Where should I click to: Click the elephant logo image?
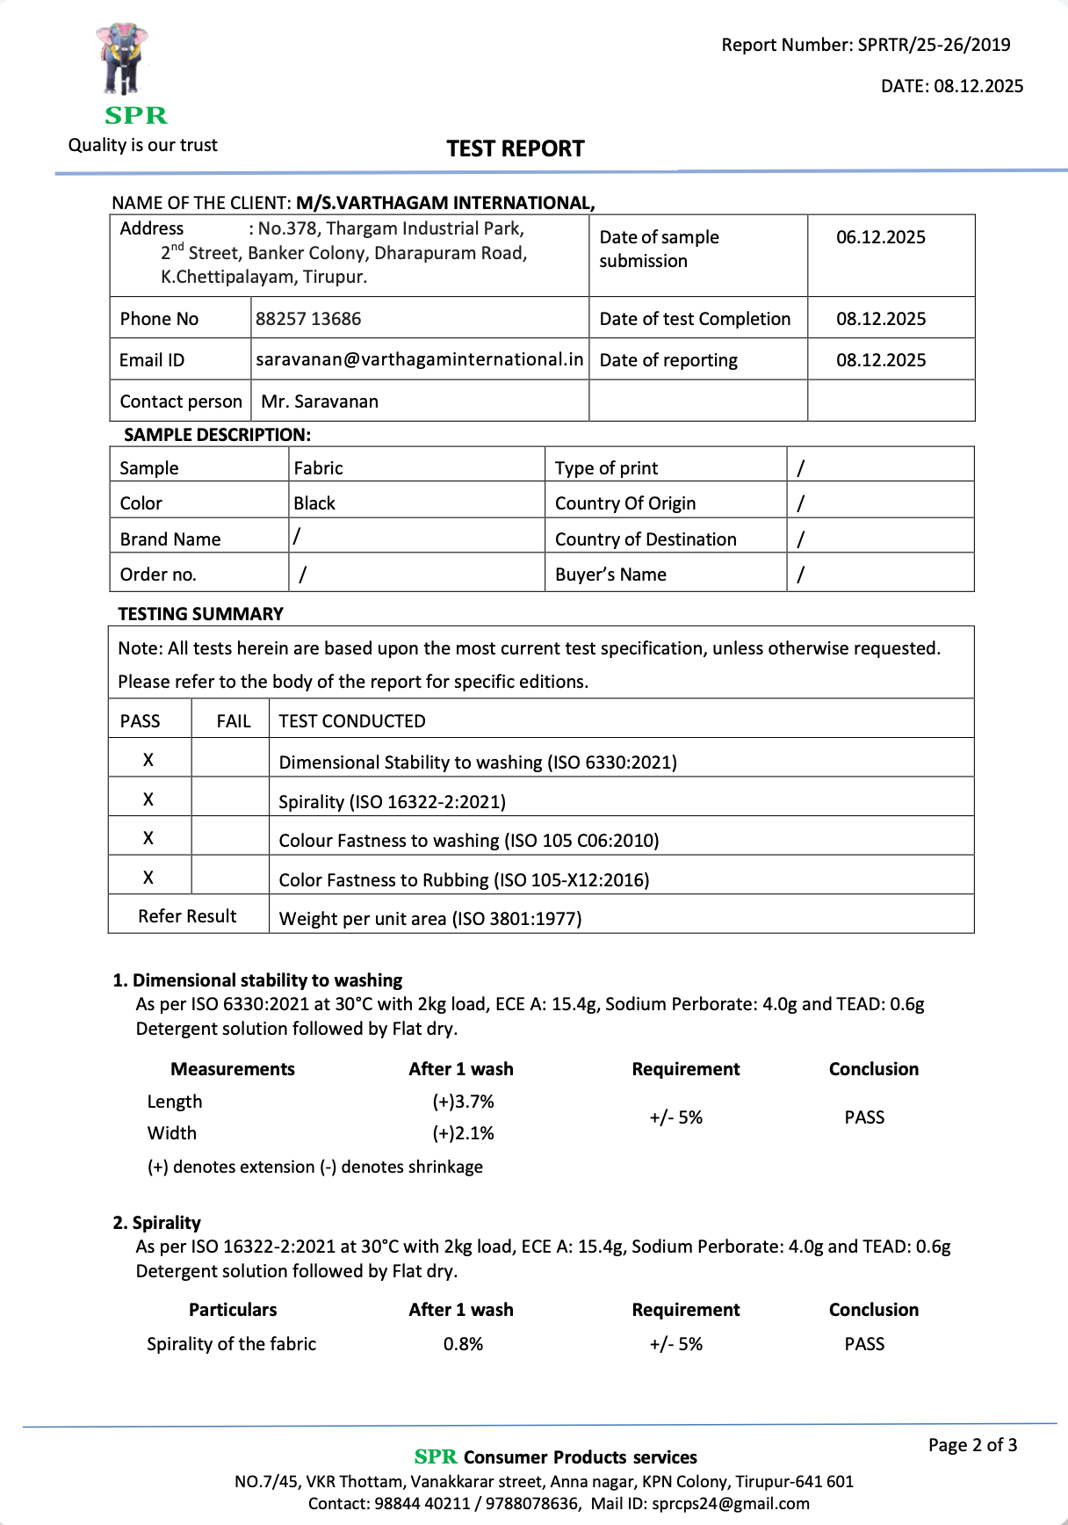pyautogui.click(x=122, y=60)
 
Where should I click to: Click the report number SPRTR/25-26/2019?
pyautogui.click(x=934, y=45)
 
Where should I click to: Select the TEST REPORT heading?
pyautogui.click(x=515, y=148)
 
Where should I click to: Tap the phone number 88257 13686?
pyautogui.click(x=308, y=319)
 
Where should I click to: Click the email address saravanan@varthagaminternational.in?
pyautogui.click(x=419, y=359)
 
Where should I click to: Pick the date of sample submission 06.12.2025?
pyautogui.click(x=880, y=237)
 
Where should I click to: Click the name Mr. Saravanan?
pyautogui.click(x=320, y=401)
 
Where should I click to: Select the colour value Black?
pyautogui.click(x=314, y=503)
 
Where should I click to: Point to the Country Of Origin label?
pyautogui.click(x=624, y=503)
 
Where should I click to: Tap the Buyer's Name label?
pyautogui.click(x=610, y=575)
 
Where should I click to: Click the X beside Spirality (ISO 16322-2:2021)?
pyautogui.click(x=148, y=799)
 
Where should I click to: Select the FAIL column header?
pyautogui.click(x=233, y=721)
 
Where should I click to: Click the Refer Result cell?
pyautogui.click(x=187, y=916)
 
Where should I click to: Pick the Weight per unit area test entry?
pyautogui.click(x=429, y=919)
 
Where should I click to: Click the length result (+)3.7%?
pyautogui.click(x=463, y=1102)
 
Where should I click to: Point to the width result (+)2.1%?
pyautogui.click(x=463, y=1133)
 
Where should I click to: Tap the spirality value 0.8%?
pyautogui.click(x=463, y=1344)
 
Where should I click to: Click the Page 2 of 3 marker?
pyautogui.click(x=972, y=1445)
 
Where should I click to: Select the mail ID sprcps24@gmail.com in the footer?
pyautogui.click(x=730, y=1503)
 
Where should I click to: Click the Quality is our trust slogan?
pyautogui.click(x=143, y=145)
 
